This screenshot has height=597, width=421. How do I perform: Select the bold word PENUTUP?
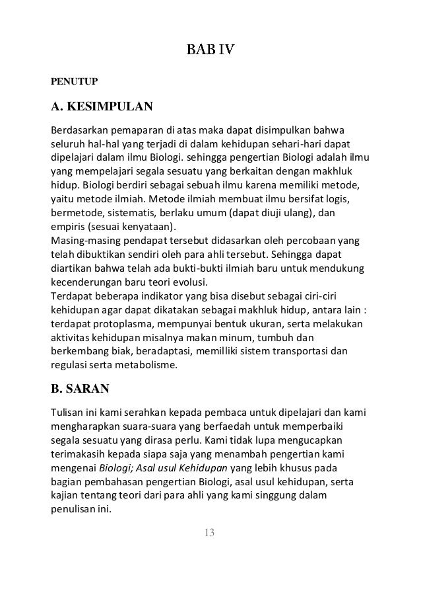75,82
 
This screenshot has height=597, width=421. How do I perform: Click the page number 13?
210,534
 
